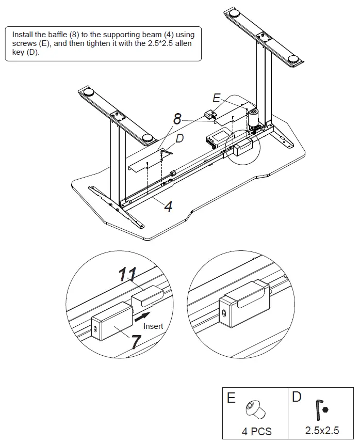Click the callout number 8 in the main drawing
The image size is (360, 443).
click(x=177, y=120)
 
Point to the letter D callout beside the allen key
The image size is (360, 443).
click(x=179, y=138)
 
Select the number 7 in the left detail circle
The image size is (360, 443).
click(x=135, y=341)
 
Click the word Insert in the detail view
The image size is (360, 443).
click(x=153, y=326)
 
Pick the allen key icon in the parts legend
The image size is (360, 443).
click(x=318, y=410)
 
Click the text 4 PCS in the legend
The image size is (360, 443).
click(x=256, y=431)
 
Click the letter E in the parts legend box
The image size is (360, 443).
click(x=231, y=398)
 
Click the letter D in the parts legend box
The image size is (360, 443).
click(x=297, y=397)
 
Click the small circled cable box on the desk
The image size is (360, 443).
click(x=242, y=150)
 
